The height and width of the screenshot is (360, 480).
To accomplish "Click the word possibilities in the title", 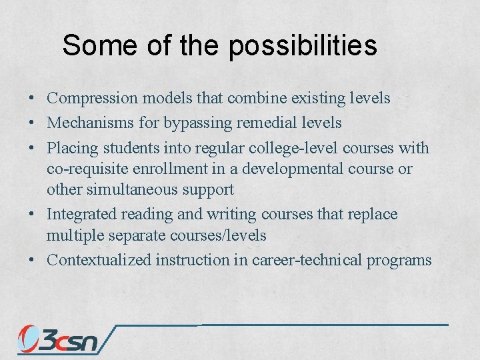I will click(303, 46).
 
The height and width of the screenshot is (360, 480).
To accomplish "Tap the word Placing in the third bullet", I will click(70, 147).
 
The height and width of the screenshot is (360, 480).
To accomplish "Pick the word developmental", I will click(317, 169).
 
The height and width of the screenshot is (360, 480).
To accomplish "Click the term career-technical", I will click(307, 260).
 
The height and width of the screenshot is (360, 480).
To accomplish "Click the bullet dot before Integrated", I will click(32, 215).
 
